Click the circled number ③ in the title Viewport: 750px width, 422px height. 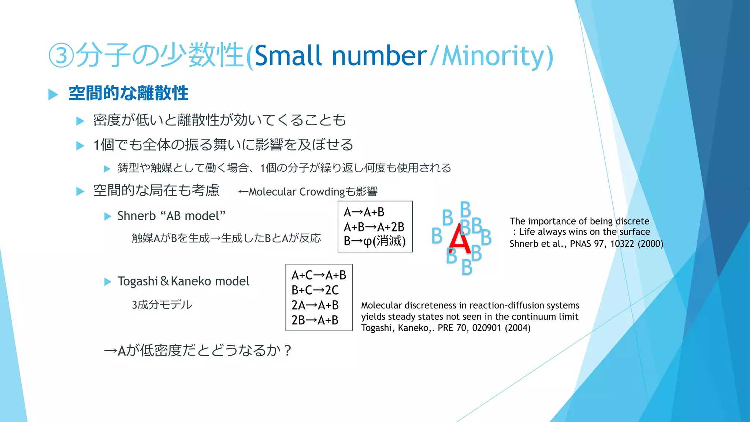(62, 56)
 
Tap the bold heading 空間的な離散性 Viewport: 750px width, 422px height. (129, 93)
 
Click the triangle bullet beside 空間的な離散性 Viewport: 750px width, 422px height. (53, 95)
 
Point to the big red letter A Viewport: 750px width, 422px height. (459, 239)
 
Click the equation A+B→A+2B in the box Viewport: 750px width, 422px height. (374, 227)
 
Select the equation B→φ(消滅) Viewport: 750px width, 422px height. (374, 241)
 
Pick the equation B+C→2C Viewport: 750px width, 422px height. (315, 290)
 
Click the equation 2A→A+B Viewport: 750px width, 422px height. (315, 305)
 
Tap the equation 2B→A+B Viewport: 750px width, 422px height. (315, 320)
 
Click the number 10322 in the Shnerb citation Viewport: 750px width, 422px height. (622, 244)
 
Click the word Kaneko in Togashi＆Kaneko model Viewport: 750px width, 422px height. (192, 281)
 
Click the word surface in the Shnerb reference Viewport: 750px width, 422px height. (635, 232)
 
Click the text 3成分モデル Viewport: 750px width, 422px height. (162, 305)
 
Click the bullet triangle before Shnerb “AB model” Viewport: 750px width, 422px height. (108, 216)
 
